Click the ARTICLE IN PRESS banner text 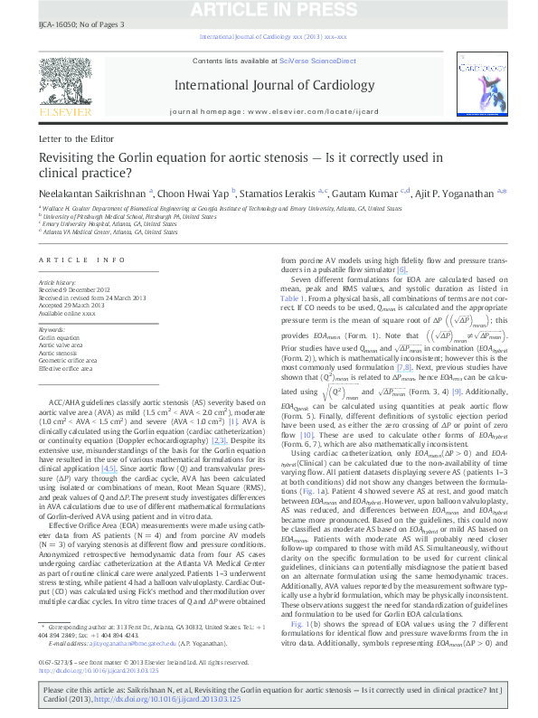click(269, 10)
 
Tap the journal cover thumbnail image click(479, 89)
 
